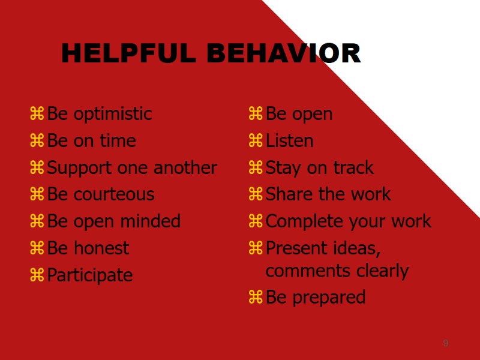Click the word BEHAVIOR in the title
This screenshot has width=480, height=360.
coord(283,53)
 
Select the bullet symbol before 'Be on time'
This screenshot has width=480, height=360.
coord(37,140)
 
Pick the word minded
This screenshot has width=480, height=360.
coord(152,221)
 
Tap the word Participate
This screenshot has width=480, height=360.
coord(90,275)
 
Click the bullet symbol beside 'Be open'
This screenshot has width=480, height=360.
coord(256,113)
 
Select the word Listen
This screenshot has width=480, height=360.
coord(289,141)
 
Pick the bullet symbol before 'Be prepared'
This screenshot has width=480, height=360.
coord(256,297)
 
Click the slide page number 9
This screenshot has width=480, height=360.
coord(446,343)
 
